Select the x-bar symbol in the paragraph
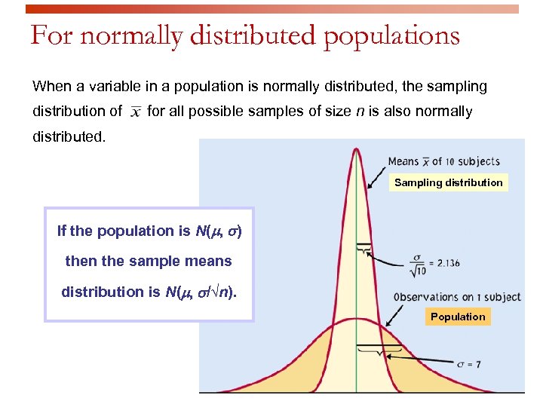135,112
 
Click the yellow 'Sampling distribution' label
448,182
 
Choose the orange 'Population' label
458,317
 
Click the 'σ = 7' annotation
468,364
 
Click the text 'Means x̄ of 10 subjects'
443,161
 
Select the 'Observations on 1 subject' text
457,297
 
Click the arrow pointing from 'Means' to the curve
376,176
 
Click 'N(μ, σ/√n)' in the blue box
200,292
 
